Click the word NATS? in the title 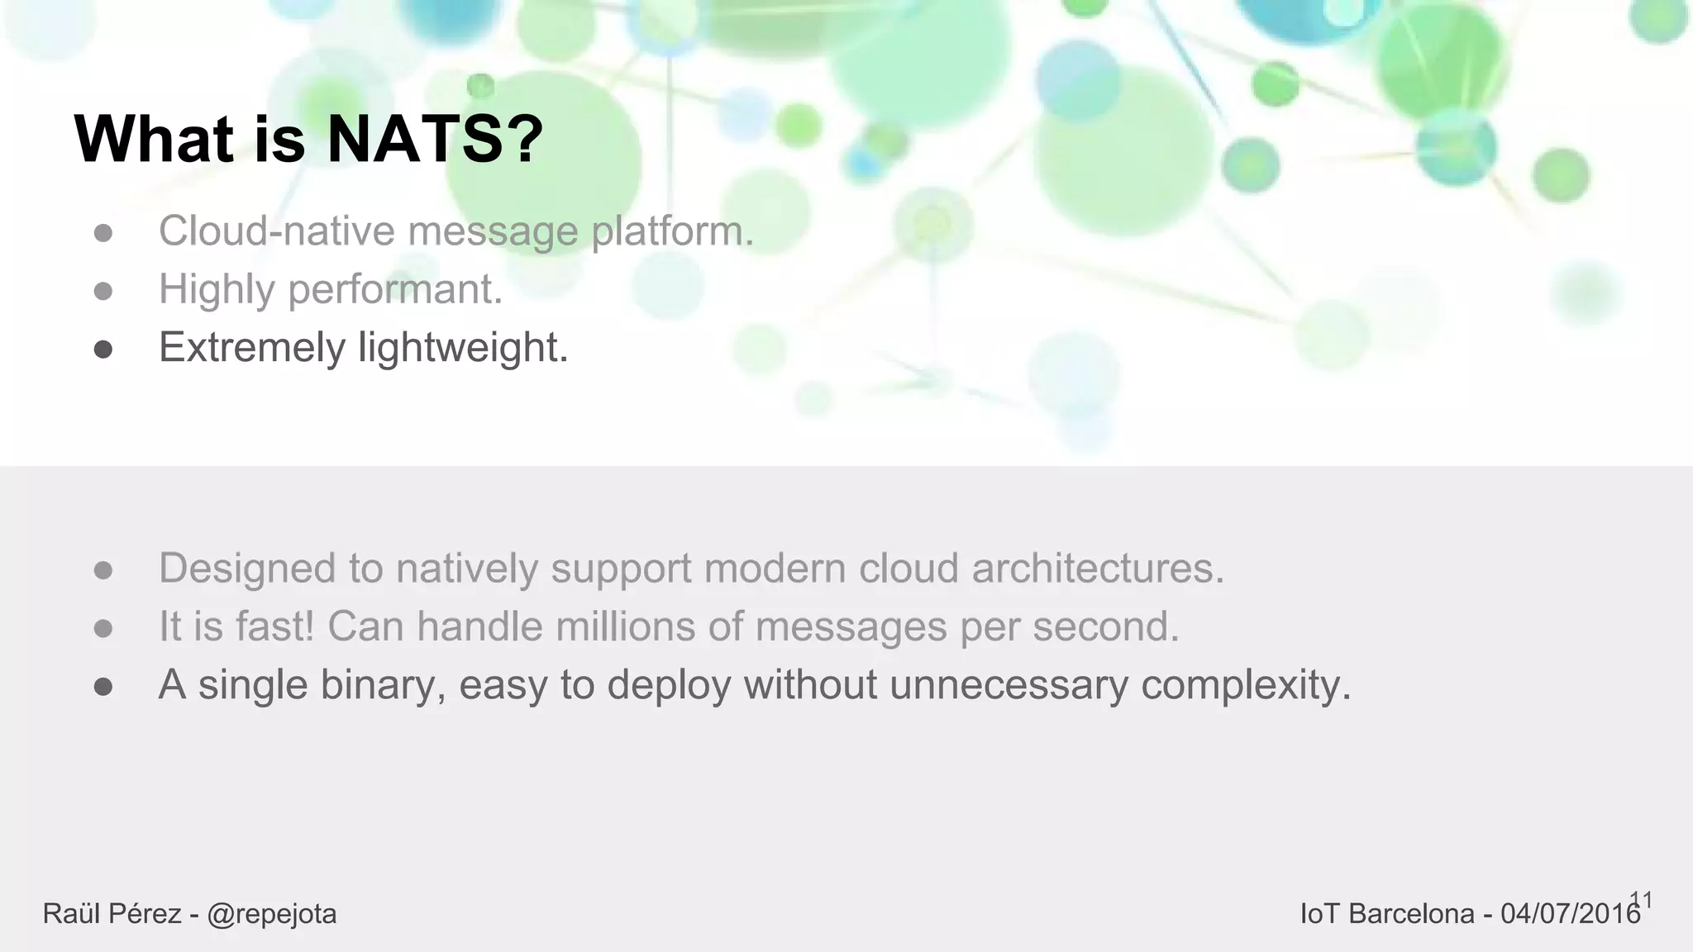[x=435, y=140]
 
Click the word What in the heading [x=154, y=140]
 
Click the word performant [x=395, y=290]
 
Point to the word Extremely [x=251, y=348]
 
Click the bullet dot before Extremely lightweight [x=103, y=350]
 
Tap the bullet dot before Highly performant [x=103, y=292]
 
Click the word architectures [x=1097, y=569]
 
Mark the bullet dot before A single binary [x=103, y=688]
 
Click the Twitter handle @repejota [x=272, y=915]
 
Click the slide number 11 [x=1641, y=900]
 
